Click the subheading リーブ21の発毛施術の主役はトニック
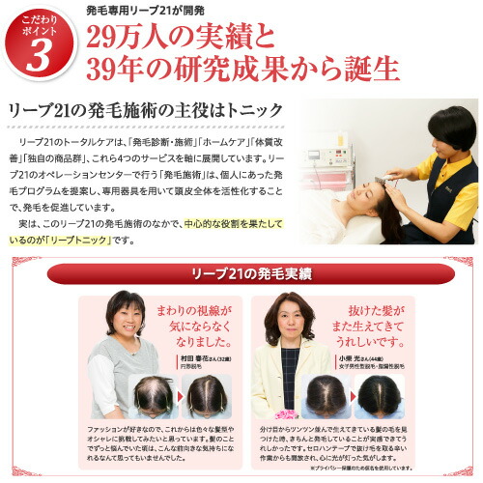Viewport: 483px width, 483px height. coord(145,113)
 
